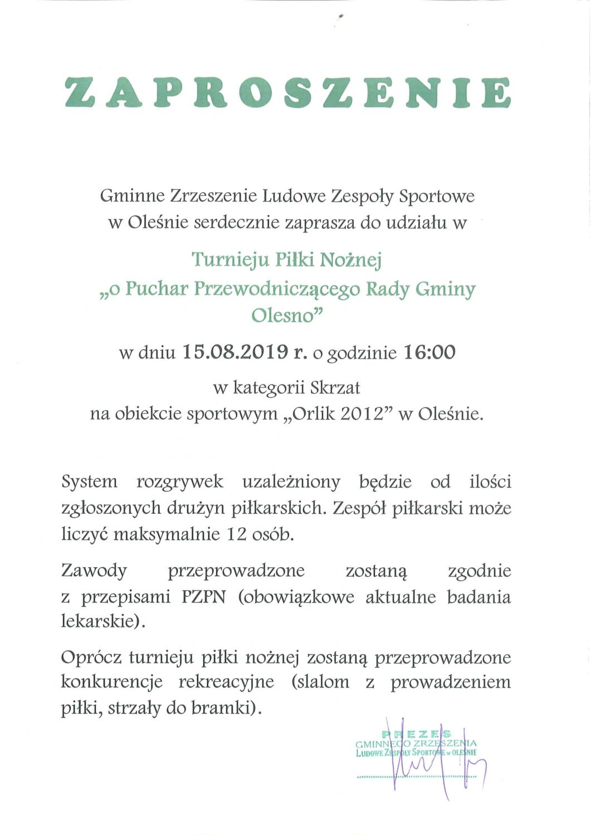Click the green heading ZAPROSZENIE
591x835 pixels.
(x=288, y=92)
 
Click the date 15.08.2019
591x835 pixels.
(x=235, y=352)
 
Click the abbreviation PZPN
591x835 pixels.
(x=204, y=597)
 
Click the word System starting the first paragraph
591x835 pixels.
(x=90, y=482)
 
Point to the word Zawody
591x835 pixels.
(x=94, y=571)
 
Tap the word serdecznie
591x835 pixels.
(x=237, y=223)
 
